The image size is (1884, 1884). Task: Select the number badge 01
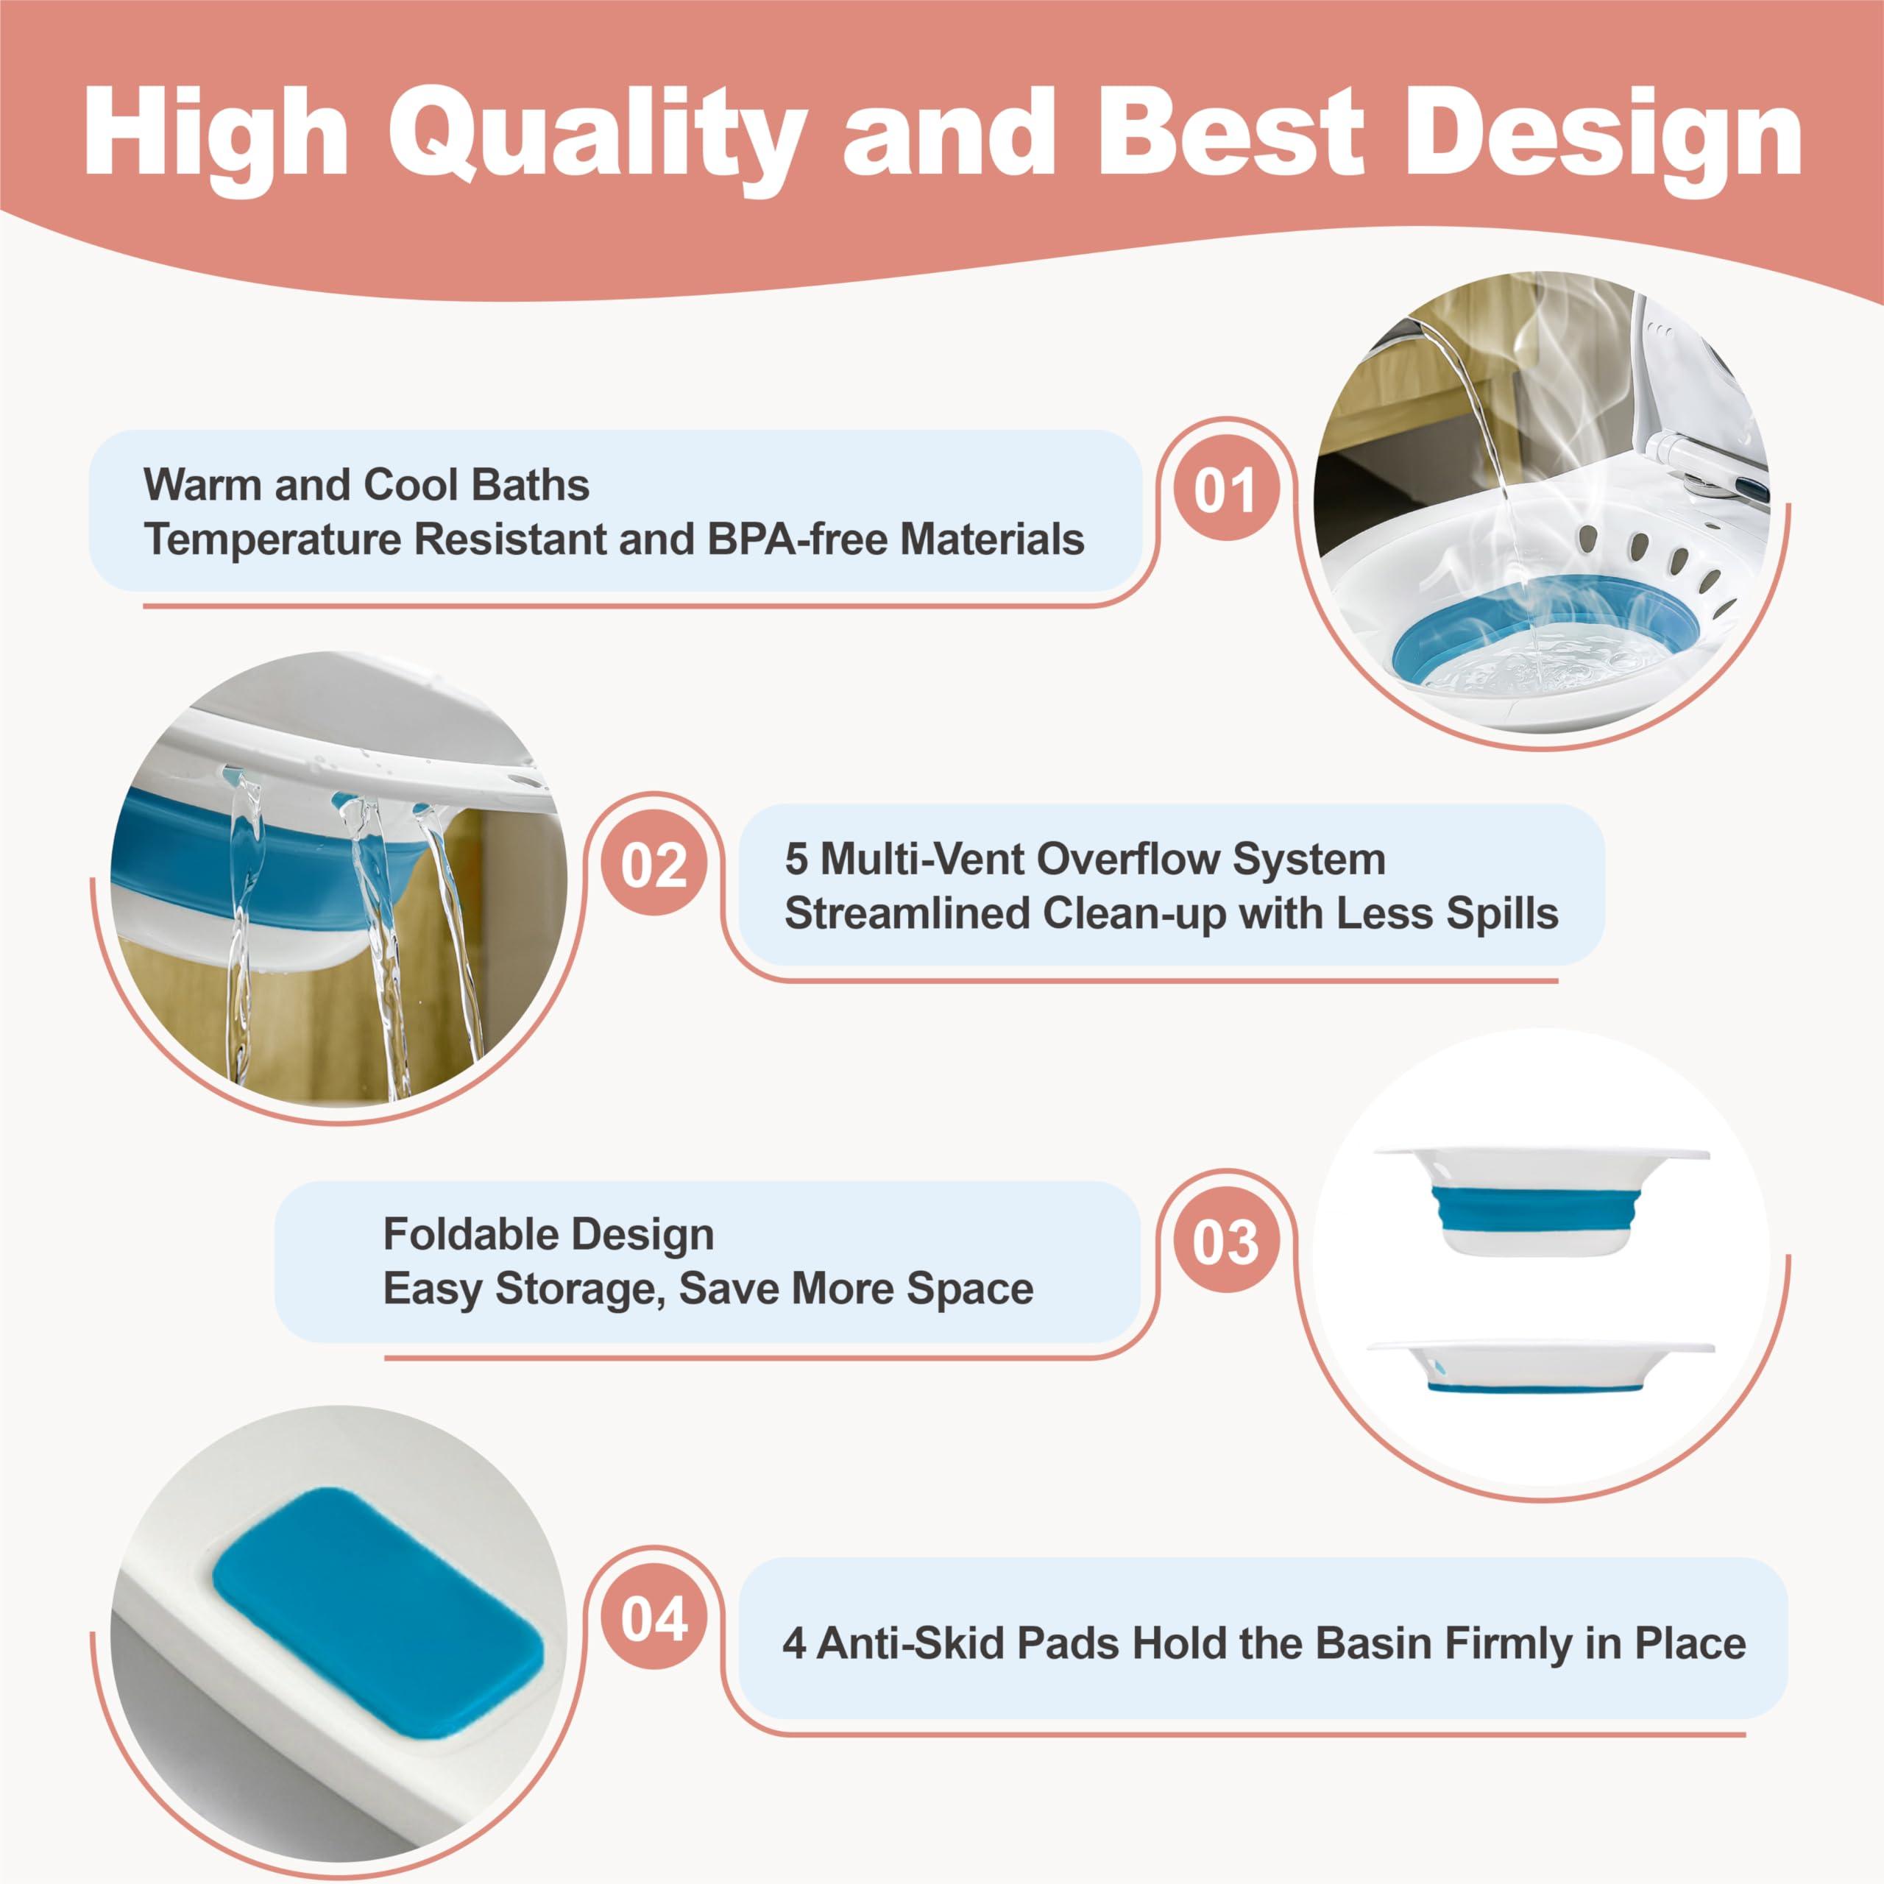1225,491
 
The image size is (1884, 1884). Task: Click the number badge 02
654,865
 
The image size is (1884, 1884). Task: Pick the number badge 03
1225,1243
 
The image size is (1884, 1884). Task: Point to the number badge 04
654,1620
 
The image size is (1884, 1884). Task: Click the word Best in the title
1236,134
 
